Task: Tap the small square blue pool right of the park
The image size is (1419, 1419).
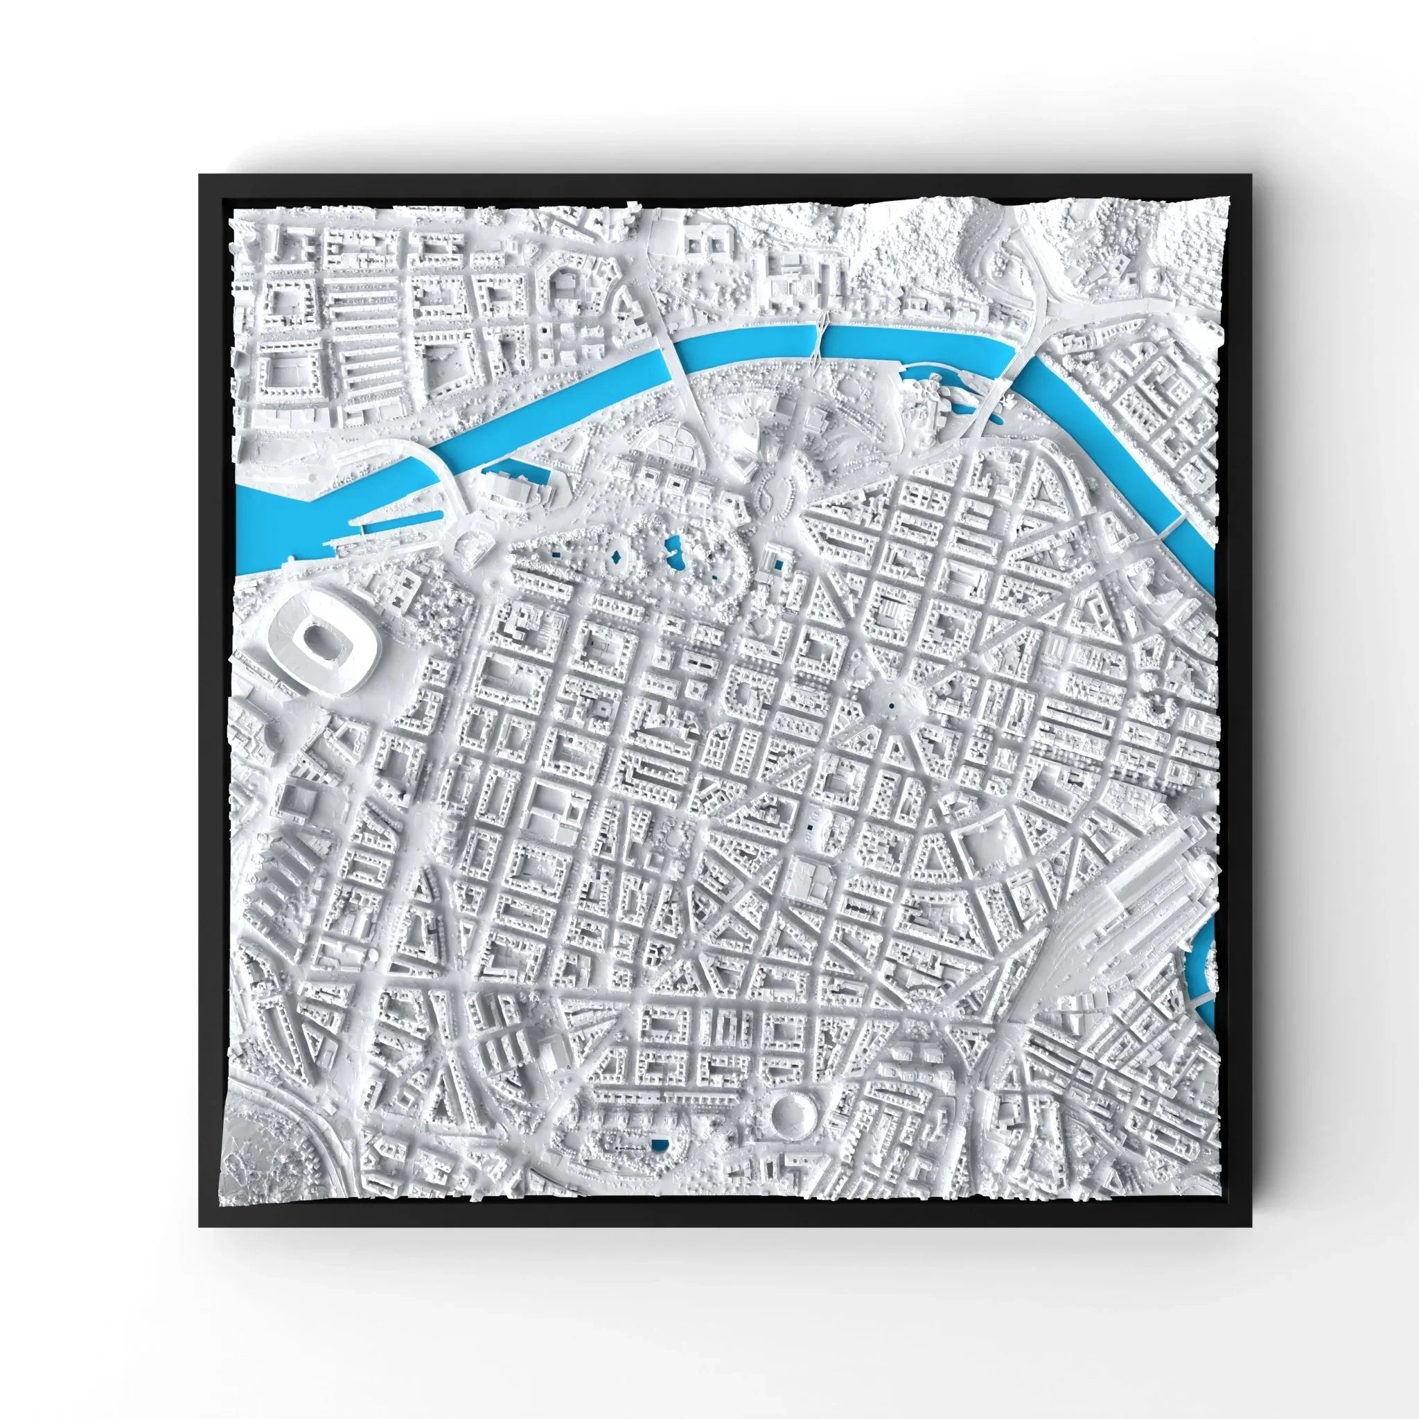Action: tap(776, 564)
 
